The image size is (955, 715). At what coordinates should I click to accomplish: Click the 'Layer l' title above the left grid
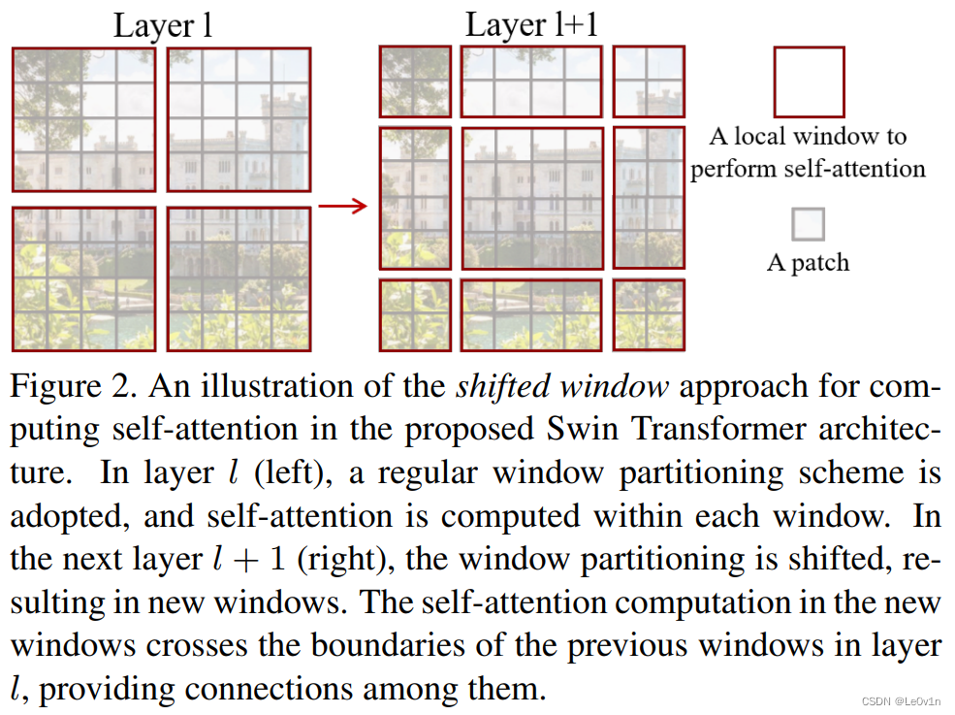coord(162,25)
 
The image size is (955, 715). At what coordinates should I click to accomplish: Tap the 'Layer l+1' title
coord(531,24)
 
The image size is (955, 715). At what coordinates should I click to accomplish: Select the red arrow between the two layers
coord(343,205)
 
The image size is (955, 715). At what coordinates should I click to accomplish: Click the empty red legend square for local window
coord(808,82)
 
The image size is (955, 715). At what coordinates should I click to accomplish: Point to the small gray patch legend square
coord(808,224)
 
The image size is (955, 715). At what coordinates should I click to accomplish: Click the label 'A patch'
coord(808,263)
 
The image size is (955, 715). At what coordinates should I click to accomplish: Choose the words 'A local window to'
coord(808,136)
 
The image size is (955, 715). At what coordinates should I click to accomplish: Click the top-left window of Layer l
coord(83,119)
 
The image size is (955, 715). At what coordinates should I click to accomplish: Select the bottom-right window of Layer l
coord(239,279)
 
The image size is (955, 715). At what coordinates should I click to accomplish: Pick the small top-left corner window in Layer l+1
coord(415,81)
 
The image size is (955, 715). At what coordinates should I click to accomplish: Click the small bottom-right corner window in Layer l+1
coord(649,314)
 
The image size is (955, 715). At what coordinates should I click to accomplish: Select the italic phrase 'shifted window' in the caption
coord(562,387)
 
